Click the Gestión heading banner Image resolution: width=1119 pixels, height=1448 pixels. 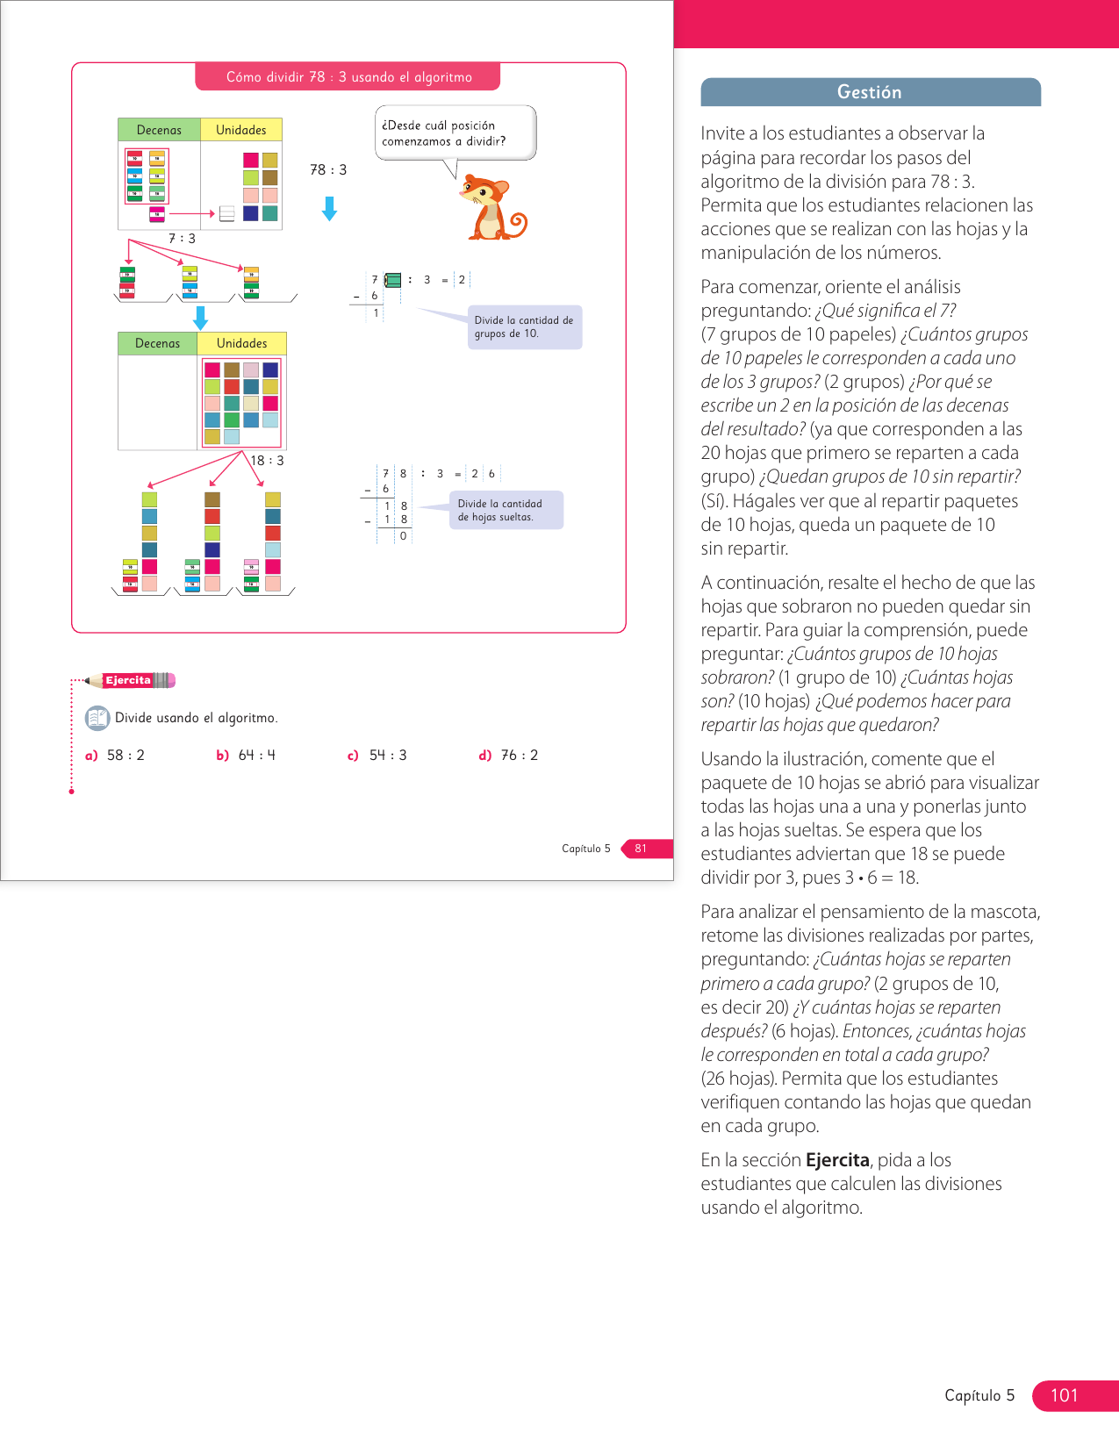pyautogui.click(x=870, y=92)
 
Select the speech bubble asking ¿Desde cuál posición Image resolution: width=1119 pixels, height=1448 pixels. pyautogui.click(x=455, y=133)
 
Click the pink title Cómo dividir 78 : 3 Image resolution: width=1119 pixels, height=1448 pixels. pyautogui.click(x=348, y=77)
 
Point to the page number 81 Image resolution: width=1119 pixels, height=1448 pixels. pyautogui.click(x=641, y=849)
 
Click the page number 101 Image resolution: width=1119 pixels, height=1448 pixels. pyautogui.click(x=1064, y=1395)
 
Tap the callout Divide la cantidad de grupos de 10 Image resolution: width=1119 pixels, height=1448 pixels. pyautogui.click(x=524, y=327)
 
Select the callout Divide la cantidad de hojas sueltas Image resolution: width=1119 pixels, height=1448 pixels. pyautogui.click(x=500, y=510)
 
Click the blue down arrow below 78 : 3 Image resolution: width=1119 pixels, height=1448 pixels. pyautogui.click(x=329, y=209)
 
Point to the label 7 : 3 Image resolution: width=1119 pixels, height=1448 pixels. pyautogui.click(x=182, y=239)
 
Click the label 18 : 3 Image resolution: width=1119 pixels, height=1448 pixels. pyautogui.click(x=267, y=461)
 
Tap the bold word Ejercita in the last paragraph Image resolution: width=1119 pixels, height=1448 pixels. pyautogui.click(x=836, y=1160)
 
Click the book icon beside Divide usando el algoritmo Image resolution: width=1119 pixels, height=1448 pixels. pyautogui.click(x=97, y=718)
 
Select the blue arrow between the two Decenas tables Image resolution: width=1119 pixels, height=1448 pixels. pyautogui.click(x=200, y=318)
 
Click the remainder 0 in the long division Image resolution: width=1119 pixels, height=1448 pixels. pyautogui.click(x=403, y=536)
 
